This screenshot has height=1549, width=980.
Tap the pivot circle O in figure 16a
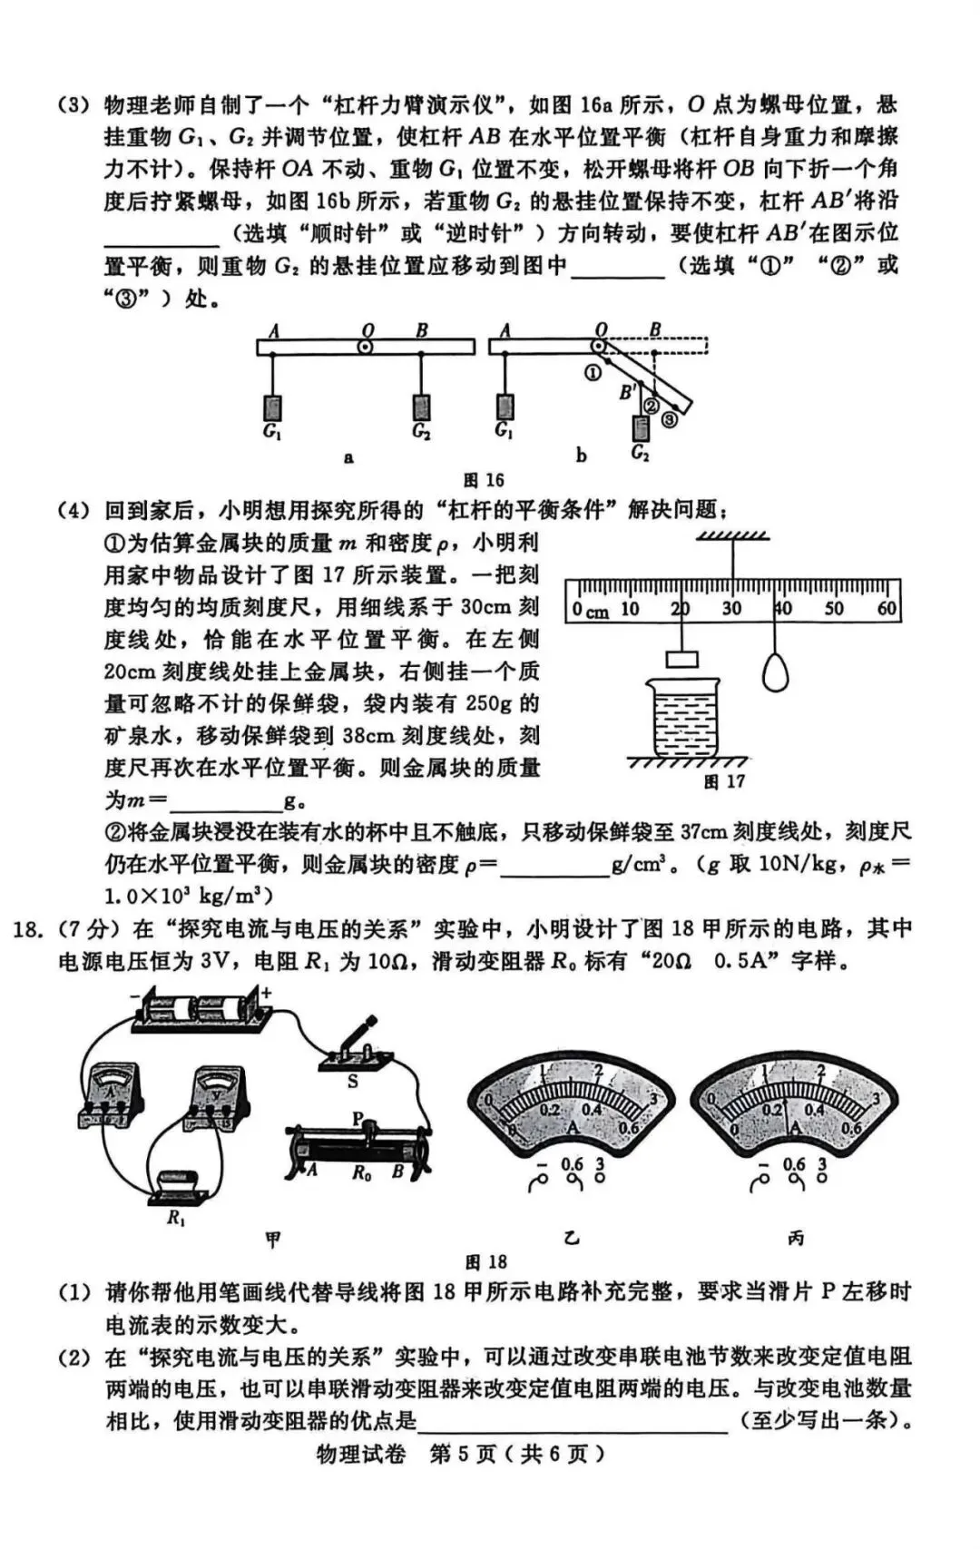365,347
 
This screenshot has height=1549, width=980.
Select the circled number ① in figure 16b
593,372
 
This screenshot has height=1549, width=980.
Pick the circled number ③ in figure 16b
669,419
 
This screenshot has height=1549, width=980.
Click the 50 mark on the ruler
834,609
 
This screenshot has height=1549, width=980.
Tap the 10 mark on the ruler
630,609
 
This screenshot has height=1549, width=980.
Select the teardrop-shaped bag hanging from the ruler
775,672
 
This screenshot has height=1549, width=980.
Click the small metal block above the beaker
681,660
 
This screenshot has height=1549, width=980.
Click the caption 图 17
724,781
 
